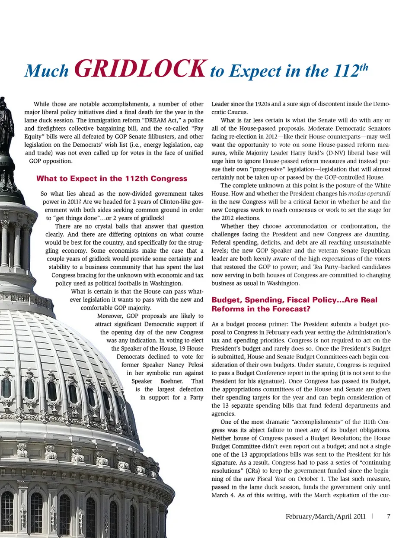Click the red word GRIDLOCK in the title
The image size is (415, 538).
[x=140, y=68]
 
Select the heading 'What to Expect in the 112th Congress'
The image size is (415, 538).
[x=112, y=178]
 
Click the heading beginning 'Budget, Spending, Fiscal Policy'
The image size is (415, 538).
[x=294, y=304]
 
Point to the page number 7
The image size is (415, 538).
[x=389, y=516]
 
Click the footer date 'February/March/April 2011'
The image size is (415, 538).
[x=326, y=516]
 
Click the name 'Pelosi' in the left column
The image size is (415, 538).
[x=196, y=365]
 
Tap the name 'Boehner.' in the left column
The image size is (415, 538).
[x=172, y=381]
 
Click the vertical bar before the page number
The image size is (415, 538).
[x=372, y=516]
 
